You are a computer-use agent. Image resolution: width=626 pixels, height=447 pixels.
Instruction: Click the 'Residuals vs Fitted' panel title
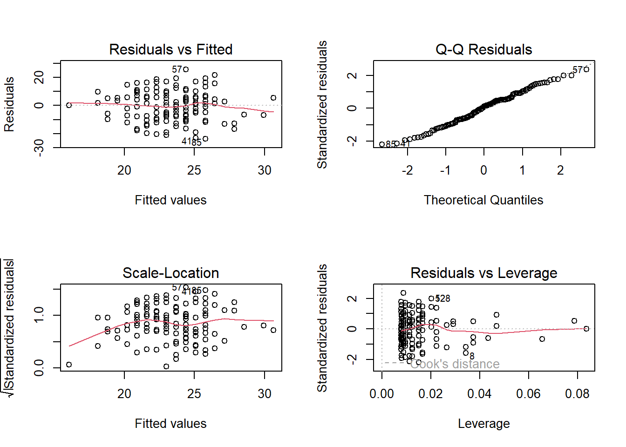(170, 49)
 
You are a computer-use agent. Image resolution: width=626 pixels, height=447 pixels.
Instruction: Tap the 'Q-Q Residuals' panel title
(483, 49)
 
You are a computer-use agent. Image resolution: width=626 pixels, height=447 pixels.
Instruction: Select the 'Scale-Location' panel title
(170, 273)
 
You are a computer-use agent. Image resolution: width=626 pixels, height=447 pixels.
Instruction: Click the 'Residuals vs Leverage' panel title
(483, 273)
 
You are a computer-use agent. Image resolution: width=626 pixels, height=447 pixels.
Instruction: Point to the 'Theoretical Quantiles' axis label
(483, 200)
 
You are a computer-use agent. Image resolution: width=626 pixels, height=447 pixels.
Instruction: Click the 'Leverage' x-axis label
(483, 424)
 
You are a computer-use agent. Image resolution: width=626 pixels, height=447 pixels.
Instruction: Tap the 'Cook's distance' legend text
(455, 364)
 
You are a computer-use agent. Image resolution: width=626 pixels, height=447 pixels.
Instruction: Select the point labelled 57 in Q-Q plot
(586, 69)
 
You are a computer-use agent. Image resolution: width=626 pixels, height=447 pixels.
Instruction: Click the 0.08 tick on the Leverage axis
(577, 394)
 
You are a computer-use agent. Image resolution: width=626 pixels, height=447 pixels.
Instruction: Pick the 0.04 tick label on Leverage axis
(479, 394)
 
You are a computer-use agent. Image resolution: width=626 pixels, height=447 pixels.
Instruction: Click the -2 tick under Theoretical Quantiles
(407, 170)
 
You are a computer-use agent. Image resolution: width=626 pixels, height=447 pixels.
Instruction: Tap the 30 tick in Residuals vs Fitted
(265, 170)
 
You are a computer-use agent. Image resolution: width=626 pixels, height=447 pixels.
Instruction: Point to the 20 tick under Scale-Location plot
(124, 394)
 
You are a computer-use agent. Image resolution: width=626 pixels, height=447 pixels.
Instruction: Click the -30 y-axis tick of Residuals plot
(39, 147)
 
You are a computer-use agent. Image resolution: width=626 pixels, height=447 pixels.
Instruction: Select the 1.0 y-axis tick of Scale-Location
(39, 315)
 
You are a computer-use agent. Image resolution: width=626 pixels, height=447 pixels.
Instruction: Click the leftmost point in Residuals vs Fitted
(69, 105)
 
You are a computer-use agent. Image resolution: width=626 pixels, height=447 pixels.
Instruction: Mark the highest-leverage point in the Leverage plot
(586, 329)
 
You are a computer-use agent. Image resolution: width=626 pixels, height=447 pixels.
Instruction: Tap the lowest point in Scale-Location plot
(166, 366)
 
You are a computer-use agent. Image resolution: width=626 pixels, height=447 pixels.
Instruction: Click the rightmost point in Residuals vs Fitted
(273, 98)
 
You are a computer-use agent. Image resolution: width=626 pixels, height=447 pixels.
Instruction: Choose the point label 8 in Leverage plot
(472, 356)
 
